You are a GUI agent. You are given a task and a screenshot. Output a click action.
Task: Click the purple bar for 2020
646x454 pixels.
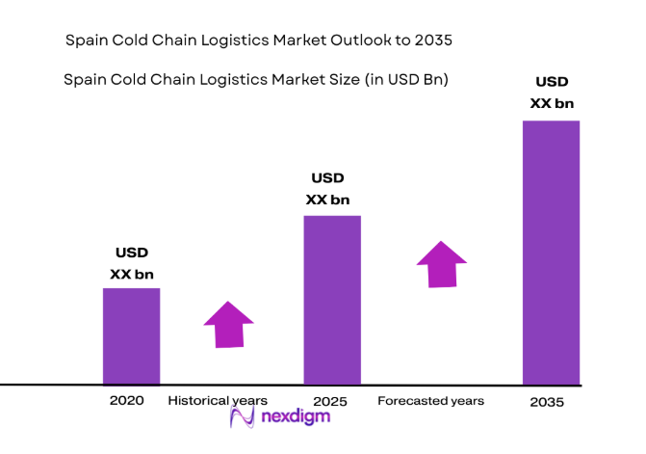[132, 335]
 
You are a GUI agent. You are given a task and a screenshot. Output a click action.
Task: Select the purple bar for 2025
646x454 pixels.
[332, 300]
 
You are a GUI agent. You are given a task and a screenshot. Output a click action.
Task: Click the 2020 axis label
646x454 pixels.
[127, 400]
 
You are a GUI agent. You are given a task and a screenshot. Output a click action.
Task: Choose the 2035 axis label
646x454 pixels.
[545, 401]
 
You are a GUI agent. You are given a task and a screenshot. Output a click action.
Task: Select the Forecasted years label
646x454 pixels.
[430, 400]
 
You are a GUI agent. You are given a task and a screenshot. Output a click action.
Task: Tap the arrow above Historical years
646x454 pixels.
[228, 324]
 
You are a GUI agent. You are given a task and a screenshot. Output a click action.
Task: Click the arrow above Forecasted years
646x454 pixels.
[441, 263]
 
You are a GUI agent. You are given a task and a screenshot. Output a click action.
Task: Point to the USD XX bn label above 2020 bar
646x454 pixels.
[132, 263]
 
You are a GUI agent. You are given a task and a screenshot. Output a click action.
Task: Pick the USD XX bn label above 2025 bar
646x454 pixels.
[327, 189]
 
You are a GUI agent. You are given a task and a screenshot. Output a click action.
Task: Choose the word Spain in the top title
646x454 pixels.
[86, 40]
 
